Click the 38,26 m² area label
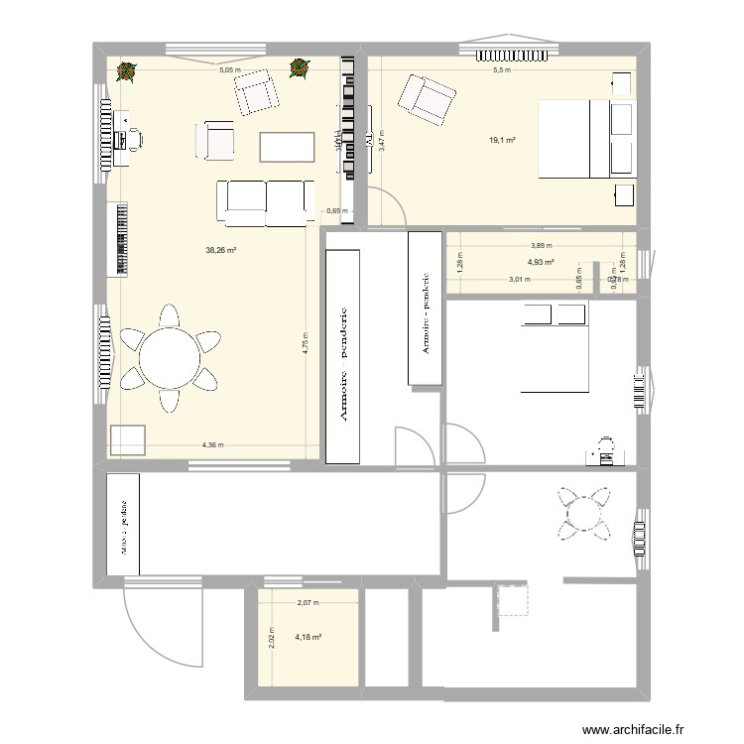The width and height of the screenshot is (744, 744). (220, 251)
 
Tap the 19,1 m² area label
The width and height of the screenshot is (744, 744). (503, 141)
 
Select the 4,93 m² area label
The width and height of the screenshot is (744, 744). (541, 263)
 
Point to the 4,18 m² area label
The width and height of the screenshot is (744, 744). (309, 637)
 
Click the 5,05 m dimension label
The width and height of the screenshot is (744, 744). (229, 70)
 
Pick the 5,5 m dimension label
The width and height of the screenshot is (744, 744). (502, 70)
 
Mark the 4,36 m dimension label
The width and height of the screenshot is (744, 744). (212, 445)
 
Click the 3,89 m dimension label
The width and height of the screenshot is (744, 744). (541, 245)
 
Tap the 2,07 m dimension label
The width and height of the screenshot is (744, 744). (309, 603)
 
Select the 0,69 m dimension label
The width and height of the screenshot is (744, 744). (338, 210)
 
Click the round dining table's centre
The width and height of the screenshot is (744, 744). (169, 358)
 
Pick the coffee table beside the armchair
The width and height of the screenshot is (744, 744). (287, 146)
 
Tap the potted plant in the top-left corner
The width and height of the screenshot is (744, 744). (126, 70)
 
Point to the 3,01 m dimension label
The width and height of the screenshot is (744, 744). (518, 280)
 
